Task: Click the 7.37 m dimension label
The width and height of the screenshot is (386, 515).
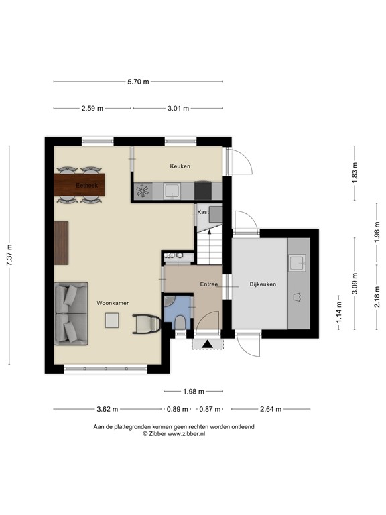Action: [x=9, y=254]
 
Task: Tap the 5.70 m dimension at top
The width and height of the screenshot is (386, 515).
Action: [x=138, y=82]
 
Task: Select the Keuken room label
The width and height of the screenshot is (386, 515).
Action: [x=180, y=166]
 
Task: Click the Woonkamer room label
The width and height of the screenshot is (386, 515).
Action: [x=111, y=302]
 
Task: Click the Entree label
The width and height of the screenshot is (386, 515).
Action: [x=209, y=284]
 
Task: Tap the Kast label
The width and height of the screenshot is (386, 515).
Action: [x=203, y=212]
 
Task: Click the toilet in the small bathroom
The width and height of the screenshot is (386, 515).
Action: [x=179, y=321]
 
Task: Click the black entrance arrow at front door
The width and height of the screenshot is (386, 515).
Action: [x=207, y=344]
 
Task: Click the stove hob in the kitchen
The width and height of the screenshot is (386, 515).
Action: [x=143, y=191]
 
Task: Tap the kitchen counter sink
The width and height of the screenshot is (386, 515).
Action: [x=172, y=191]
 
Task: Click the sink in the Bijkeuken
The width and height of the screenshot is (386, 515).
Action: [x=297, y=262]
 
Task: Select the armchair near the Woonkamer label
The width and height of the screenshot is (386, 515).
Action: [x=145, y=323]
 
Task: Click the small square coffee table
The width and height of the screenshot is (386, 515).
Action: [x=111, y=322]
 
